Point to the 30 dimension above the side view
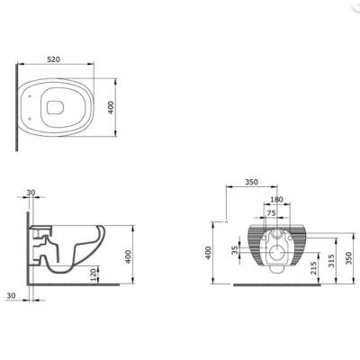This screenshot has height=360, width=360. click(31, 193)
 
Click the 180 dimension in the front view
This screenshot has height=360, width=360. click(277, 199)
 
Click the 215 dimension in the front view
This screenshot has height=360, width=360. click(311, 269)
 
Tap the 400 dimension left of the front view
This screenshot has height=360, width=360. click(209, 254)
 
